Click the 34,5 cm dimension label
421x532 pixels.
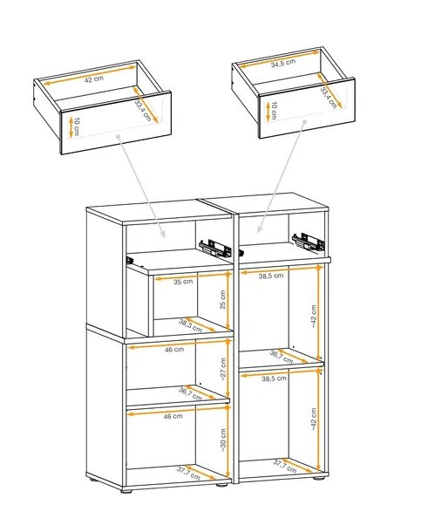click(283, 63)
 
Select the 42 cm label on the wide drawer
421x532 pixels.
click(94, 79)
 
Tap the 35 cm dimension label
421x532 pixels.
click(183, 282)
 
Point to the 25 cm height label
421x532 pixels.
click(223, 299)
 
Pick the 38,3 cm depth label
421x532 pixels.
click(190, 325)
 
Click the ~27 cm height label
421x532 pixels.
click(223, 370)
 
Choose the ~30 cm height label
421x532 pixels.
click(223, 440)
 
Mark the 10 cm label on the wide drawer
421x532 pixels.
click(77, 126)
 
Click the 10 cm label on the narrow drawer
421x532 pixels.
click(274, 111)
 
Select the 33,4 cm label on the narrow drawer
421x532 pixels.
click(329, 98)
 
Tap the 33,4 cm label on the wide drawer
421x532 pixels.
click(143, 110)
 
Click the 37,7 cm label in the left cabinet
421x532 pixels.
click(188, 474)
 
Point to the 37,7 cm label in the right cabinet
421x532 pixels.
click(285, 467)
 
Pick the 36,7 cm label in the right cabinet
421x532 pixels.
click(281, 357)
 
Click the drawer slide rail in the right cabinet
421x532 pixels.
click(309, 242)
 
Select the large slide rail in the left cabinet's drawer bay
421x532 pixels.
click(215, 248)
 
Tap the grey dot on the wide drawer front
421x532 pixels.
click(118, 136)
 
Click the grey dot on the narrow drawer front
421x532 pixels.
click(304, 121)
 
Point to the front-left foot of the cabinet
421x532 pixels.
click(126, 491)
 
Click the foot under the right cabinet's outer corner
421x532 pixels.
click(318, 479)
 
